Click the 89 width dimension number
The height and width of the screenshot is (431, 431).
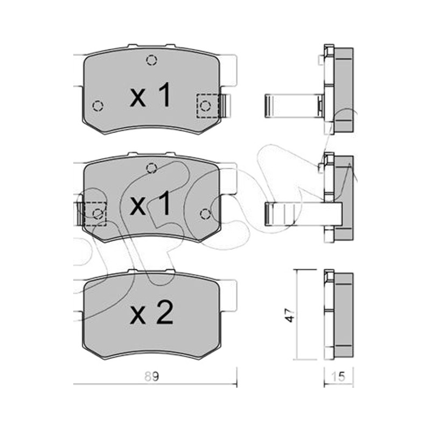[x=152, y=376]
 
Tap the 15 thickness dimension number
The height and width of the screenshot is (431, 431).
[x=338, y=376]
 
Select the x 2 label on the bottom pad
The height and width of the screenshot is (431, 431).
[x=151, y=313]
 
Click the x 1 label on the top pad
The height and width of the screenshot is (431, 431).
[x=150, y=95]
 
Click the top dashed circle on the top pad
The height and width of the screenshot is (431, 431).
[x=152, y=60]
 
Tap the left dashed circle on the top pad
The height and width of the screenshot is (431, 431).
[x=98, y=106]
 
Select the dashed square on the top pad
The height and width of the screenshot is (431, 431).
[x=207, y=106]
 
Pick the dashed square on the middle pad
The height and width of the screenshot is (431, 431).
[x=95, y=214]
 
